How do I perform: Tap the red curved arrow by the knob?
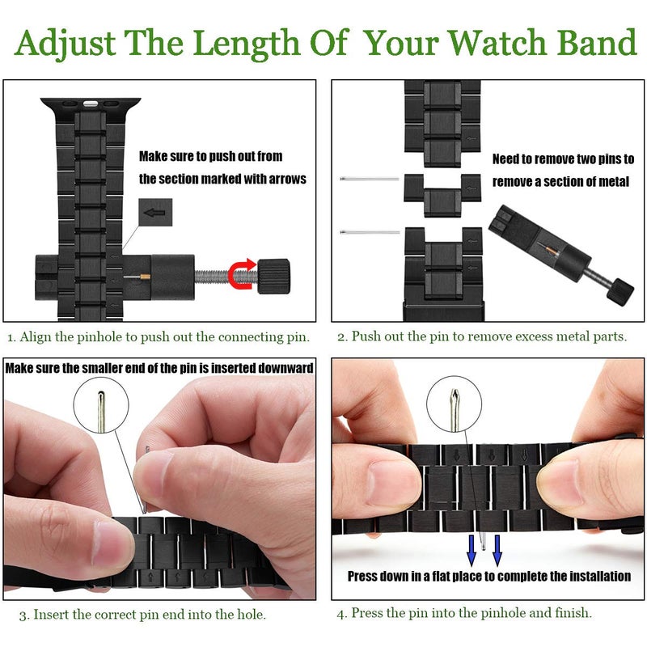point(242,274)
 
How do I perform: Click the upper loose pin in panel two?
point(370,179)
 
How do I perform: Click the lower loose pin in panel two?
point(370,232)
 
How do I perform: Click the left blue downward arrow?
point(472,548)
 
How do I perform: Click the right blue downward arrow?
point(497,548)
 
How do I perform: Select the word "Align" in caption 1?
point(36,336)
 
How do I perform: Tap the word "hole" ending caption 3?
point(251,615)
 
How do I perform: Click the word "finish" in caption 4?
point(569,613)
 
